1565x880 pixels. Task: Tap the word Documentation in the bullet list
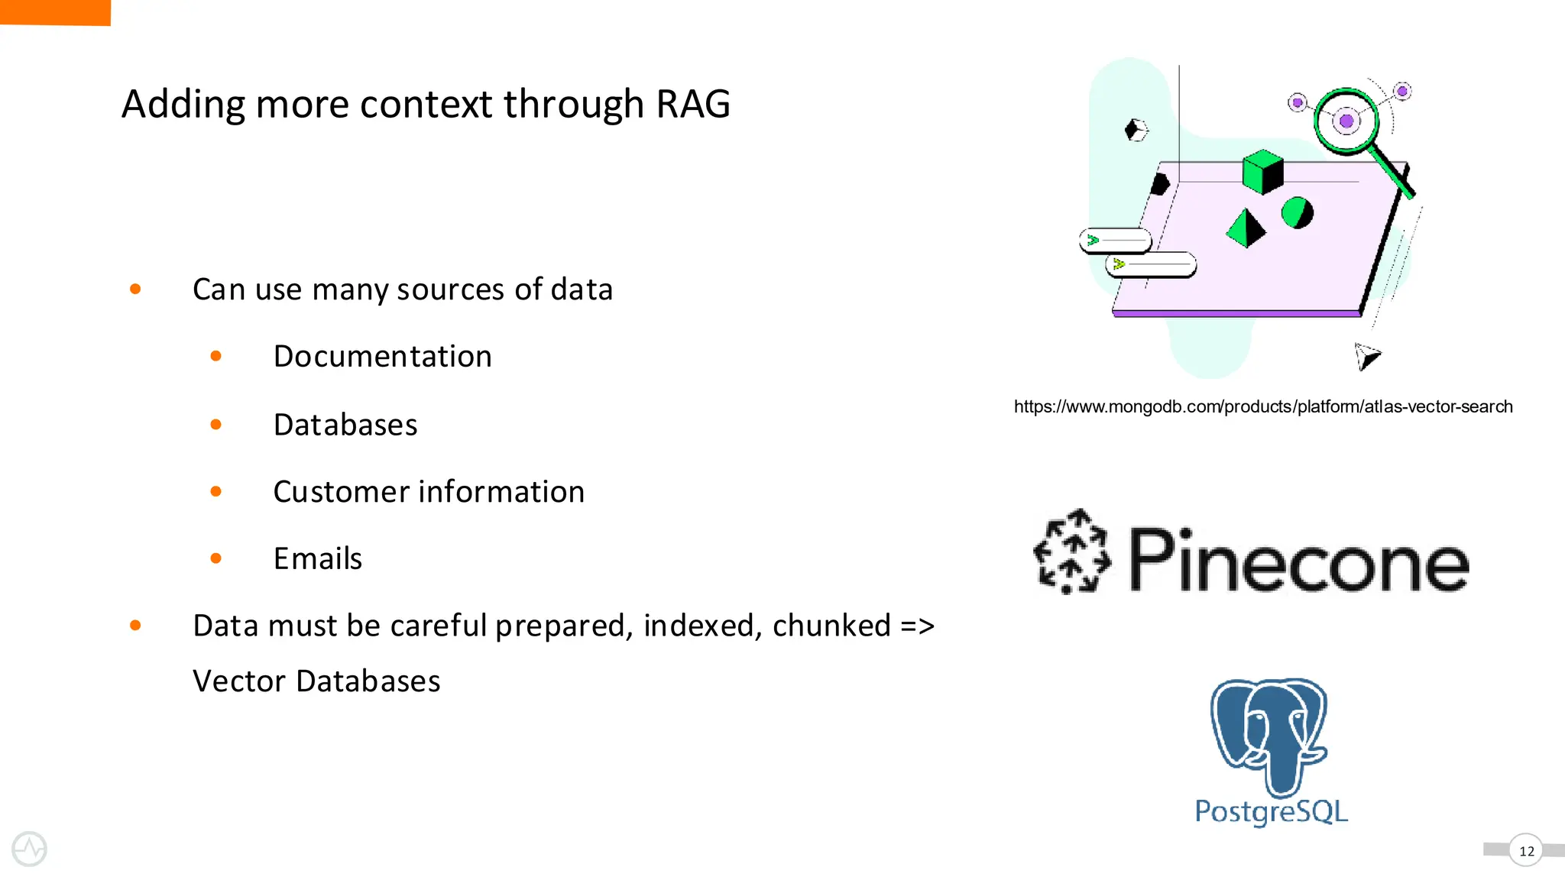(x=382, y=357)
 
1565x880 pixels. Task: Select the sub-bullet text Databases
(x=345, y=425)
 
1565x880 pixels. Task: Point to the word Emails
(x=318, y=559)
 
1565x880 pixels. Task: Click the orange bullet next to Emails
(x=216, y=558)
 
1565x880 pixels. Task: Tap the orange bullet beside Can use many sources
(x=135, y=289)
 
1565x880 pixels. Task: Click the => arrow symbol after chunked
(x=917, y=626)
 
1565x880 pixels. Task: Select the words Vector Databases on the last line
(x=316, y=681)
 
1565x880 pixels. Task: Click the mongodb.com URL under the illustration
(x=1262, y=406)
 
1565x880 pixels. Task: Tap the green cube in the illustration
(x=1262, y=171)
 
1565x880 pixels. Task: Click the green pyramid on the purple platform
(x=1246, y=228)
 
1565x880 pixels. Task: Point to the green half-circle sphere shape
(x=1297, y=213)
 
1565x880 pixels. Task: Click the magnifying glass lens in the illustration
(x=1346, y=121)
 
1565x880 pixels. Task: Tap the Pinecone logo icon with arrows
(x=1071, y=552)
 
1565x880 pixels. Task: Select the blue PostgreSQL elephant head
(x=1269, y=733)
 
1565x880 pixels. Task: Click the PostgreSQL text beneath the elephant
(x=1271, y=811)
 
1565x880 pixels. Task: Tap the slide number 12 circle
(x=1526, y=850)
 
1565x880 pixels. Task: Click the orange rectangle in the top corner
(x=55, y=12)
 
